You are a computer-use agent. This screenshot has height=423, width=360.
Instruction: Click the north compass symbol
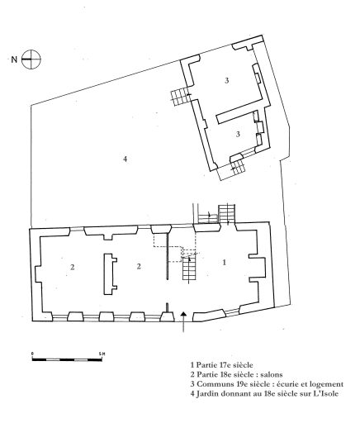[x=31, y=59]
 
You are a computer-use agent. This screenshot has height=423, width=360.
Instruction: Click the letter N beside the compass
[x=14, y=59]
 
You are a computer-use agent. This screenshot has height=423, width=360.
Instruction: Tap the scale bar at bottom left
[x=67, y=359]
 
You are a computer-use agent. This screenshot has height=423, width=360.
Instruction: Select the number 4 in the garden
[x=126, y=159]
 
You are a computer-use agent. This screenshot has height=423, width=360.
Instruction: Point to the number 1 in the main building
[x=225, y=262]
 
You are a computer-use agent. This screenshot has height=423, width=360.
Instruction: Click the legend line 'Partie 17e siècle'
[x=221, y=365]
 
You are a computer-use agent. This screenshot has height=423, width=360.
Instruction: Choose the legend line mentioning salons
[x=236, y=374]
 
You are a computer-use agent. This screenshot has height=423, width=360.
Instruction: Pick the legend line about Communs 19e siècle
[x=267, y=384]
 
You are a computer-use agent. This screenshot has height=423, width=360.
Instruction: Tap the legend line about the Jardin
[x=264, y=394]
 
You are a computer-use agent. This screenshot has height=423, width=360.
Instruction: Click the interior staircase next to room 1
[x=190, y=269]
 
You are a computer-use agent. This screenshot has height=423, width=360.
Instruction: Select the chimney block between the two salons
[x=110, y=274]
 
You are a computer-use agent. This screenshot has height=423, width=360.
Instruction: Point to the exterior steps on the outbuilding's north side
[x=179, y=98]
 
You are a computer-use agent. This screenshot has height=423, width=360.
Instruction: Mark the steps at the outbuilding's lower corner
[x=237, y=166]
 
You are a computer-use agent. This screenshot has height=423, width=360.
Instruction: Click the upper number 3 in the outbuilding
[x=227, y=81]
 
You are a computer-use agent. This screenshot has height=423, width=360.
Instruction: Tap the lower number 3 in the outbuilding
[x=238, y=134]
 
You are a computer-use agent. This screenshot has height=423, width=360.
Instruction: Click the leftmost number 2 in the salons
[x=73, y=267]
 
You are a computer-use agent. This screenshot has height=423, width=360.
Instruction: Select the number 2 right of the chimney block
[x=139, y=266]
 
